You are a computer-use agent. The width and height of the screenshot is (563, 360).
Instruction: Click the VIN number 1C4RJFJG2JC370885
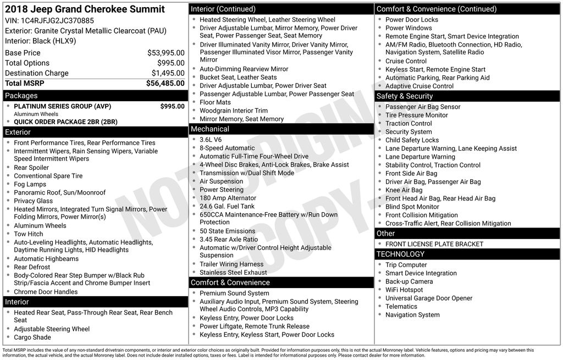(x=57, y=21)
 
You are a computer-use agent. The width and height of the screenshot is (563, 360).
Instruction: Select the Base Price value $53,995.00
(x=165, y=53)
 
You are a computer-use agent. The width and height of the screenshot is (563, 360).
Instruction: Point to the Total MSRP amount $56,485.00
(x=165, y=83)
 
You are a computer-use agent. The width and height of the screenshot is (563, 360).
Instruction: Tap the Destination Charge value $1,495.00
(x=168, y=73)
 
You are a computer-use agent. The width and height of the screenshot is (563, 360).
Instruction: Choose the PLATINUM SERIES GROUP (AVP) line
(x=62, y=106)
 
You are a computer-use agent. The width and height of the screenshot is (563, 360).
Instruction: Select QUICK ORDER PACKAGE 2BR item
(x=65, y=122)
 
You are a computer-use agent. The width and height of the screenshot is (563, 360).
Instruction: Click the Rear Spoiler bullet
(x=31, y=168)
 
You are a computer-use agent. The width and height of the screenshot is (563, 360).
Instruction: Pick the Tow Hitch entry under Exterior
(x=28, y=234)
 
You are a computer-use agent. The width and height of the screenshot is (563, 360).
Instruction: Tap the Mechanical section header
(x=209, y=129)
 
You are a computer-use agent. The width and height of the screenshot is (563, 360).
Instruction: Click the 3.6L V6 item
(x=211, y=140)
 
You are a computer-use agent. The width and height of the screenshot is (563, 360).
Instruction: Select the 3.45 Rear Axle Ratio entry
(x=229, y=239)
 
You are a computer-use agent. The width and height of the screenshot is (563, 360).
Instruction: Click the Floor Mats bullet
(x=215, y=102)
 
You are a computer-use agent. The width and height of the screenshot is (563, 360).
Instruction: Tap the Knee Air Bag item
(x=404, y=190)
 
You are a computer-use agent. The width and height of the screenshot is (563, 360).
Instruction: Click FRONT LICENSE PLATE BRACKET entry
(x=434, y=244)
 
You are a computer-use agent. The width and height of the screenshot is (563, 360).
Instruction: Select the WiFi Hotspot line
(x=404, y=290)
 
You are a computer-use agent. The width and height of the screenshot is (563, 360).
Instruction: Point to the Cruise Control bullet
(x=406, y=61)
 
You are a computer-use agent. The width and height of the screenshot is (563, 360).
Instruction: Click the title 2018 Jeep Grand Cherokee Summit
(x=85, y=9)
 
